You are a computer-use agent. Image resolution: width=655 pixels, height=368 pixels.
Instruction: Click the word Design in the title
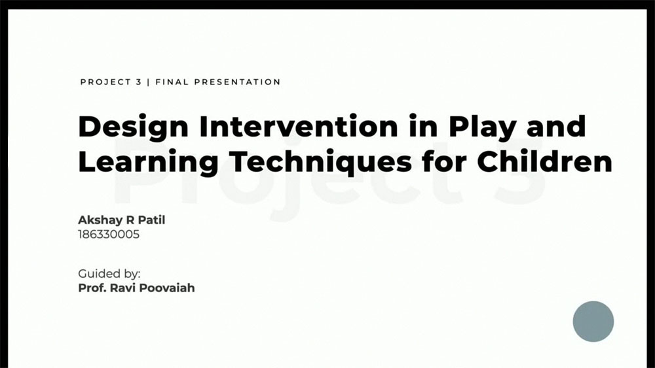133,127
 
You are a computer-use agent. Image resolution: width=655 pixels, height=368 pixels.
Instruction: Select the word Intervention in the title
298,126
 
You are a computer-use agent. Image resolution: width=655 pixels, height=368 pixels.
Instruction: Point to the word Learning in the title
148,162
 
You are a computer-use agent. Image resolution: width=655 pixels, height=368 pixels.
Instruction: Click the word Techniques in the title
320,162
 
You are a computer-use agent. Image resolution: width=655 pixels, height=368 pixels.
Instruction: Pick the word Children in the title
545,161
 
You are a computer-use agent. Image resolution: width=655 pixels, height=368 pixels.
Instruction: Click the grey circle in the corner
593,322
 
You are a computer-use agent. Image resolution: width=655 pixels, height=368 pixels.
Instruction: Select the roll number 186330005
109,235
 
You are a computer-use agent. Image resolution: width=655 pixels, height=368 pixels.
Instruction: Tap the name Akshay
99,220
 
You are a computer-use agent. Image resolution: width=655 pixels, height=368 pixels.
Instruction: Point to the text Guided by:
109,275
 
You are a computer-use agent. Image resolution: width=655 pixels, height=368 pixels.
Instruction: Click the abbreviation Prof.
92,288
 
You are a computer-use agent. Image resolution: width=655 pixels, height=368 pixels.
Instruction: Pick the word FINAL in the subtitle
172,82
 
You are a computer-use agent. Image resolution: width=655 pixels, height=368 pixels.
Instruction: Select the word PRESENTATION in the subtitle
237,82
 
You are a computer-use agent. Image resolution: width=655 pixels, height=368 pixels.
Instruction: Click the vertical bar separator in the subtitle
149,82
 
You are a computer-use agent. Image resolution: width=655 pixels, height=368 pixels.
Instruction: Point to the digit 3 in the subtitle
139,82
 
